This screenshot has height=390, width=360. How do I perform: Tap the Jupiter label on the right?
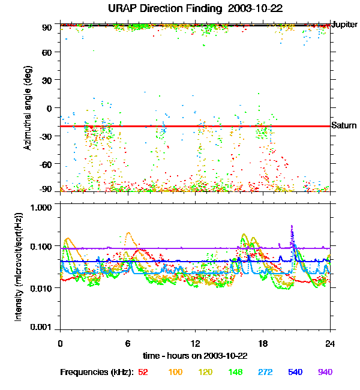click(x=344, y=25)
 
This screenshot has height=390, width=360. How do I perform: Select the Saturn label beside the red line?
click(x=344, y=125)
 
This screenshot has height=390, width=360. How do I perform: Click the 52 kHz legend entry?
click(x=143, y=372)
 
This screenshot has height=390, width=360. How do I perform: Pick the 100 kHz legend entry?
click(x=175, y=372)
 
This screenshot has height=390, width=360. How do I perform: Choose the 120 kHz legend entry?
click(x=206, y=372)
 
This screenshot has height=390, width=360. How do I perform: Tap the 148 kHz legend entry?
click(x=235, y=372)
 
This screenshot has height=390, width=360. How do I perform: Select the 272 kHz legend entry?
click(x=265, y=372)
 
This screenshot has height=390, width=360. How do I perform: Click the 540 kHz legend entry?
click(x=295, y=372)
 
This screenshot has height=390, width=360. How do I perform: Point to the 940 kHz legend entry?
click(x=325, y=372)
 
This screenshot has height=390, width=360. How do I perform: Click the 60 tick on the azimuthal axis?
click(x=47, y=52)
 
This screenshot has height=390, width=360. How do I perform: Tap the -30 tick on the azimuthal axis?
click(x=46, y=136)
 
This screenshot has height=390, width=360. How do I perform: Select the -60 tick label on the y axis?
click(x=46, y=163)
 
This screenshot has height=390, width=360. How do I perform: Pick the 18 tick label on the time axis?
click(x=263, y=344)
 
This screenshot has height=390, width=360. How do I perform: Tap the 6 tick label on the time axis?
click(x=128, y=344)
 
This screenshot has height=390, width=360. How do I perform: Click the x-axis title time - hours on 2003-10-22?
click(x=195, y=355)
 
